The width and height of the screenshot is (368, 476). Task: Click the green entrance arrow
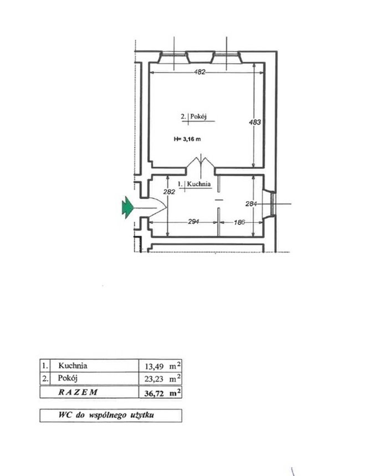[x=127, y=208]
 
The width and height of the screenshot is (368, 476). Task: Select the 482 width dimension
[x=200, y=72]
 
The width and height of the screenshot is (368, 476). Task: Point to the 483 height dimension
[x=254, y=122]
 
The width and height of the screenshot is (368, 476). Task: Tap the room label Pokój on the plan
[x=198, y=116]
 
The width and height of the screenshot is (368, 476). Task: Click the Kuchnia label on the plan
[x=198, y=184]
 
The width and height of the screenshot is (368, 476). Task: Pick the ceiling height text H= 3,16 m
[x=187, y=139]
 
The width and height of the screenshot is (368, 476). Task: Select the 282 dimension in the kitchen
[x=169, y=192]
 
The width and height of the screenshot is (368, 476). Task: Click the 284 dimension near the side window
[x=251, y=204]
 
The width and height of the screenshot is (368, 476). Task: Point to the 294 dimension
[x=193, y=222]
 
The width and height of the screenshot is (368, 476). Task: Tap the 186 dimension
[x=239, y=222]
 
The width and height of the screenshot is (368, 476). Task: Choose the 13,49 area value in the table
[x=154, y=367]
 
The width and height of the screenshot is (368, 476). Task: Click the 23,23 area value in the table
[x=154, y=379]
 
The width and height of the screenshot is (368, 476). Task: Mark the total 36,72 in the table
[x=154, y=394]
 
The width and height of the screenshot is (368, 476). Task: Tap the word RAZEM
[x=78, y=392]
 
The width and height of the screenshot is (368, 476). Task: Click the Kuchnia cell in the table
[x=73, y=366]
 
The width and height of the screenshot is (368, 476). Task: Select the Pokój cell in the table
[x=68, y=378]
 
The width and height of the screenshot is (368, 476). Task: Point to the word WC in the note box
[x=65, y=415]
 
